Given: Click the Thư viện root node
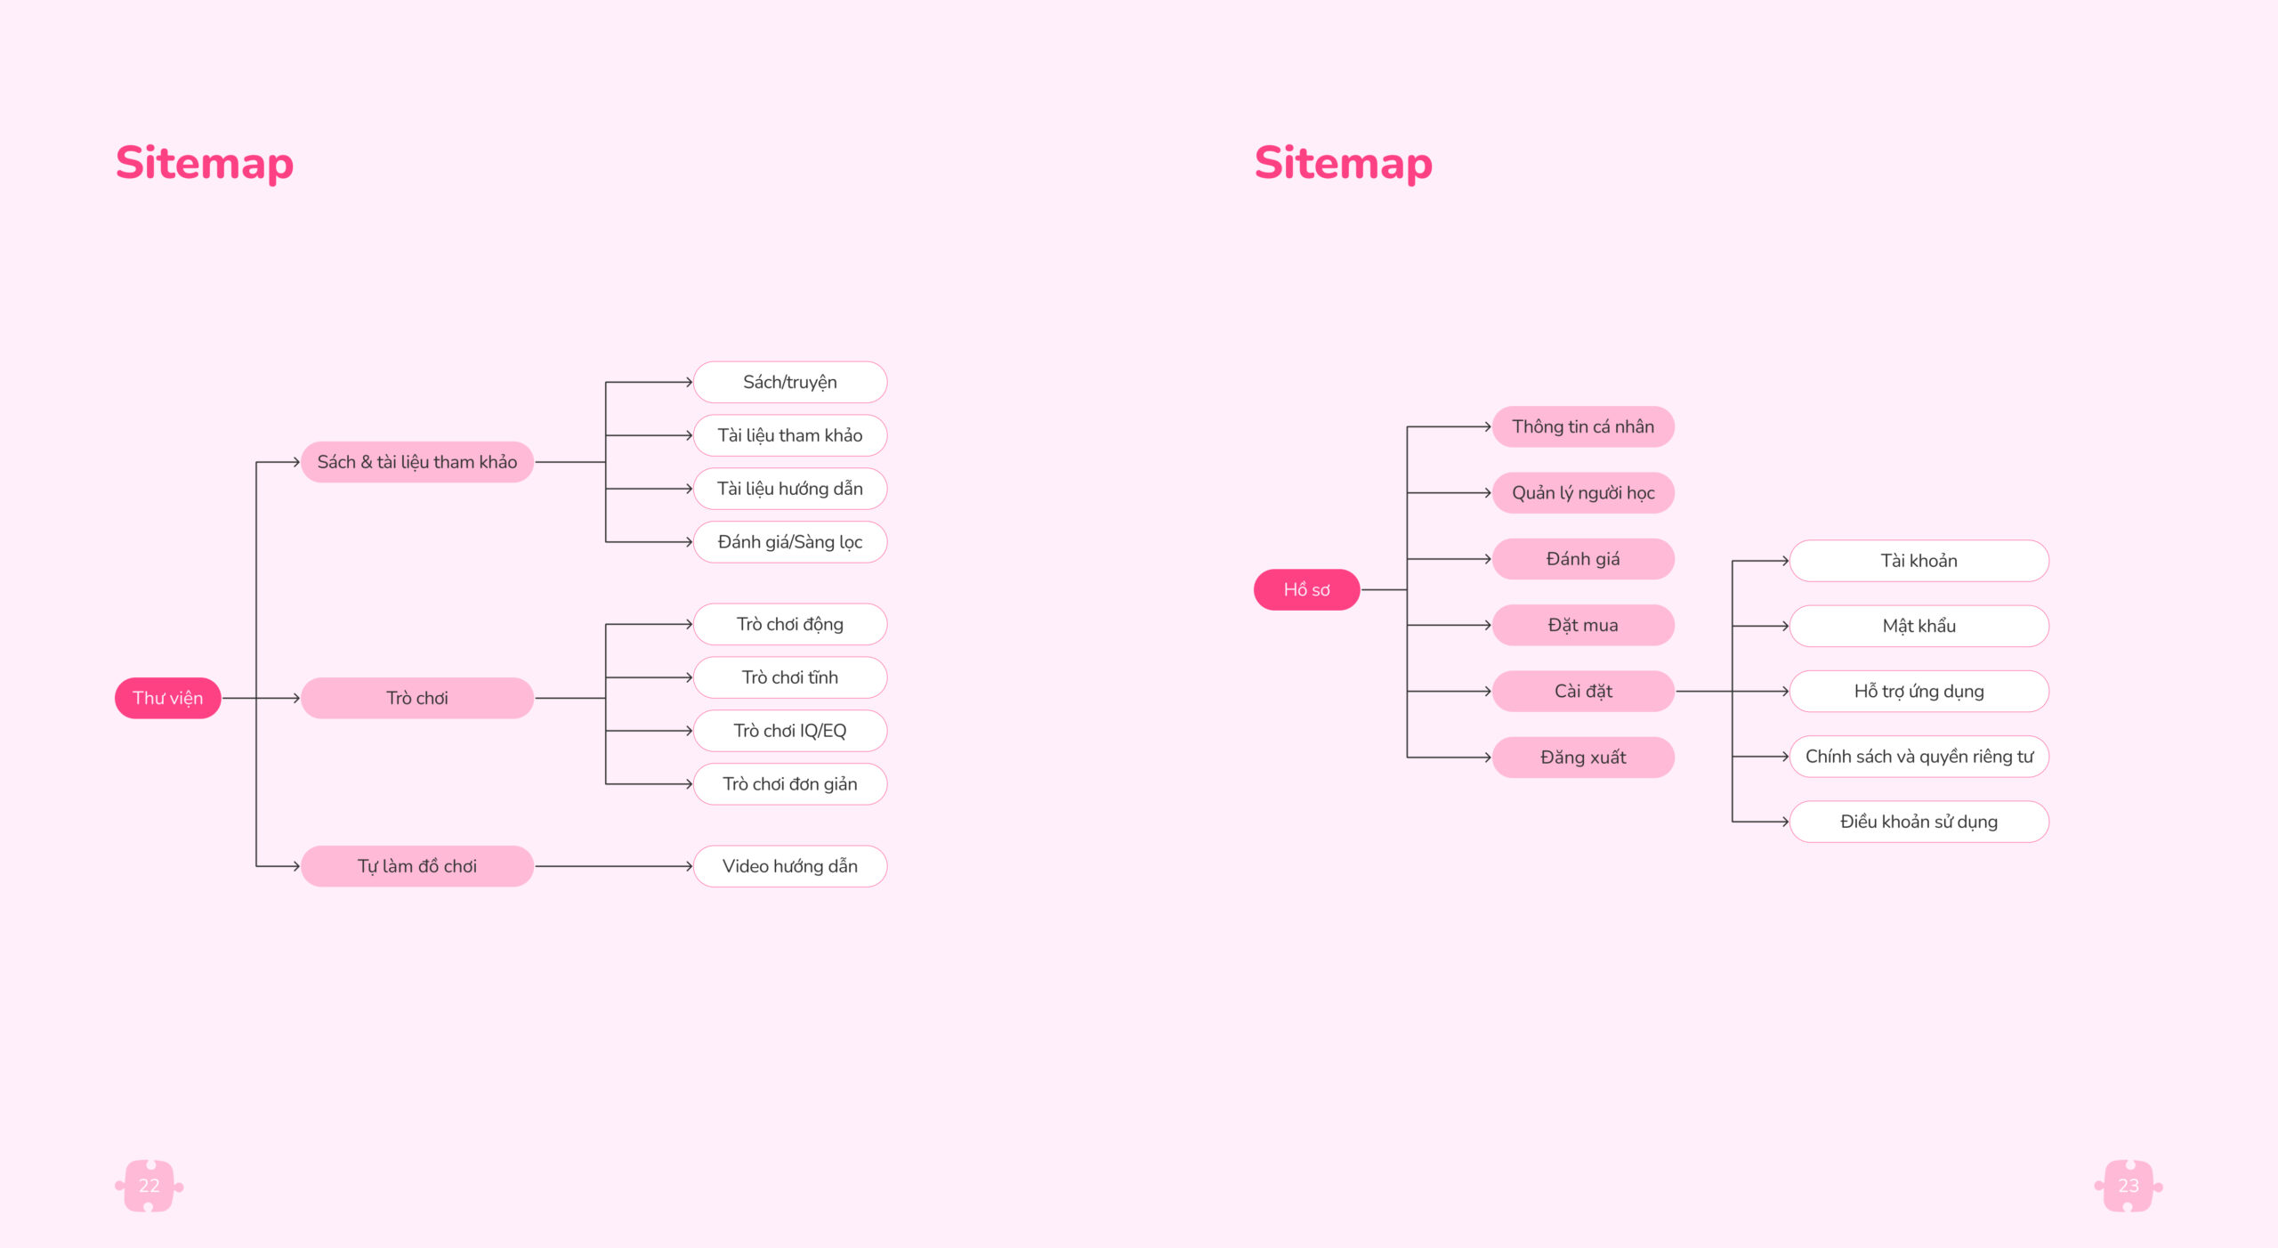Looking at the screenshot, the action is pyautogui.click(x=167, y=698).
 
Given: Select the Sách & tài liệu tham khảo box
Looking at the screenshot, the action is pyautogui.click(x=417, y=462).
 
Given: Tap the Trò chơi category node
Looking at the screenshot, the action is pyautogui.click(x=417, y=698).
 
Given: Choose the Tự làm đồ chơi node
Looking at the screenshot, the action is pyautogui.click(x=417, y=866).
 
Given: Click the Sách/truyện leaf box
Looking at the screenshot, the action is pyautogui.click(x=790, y=382).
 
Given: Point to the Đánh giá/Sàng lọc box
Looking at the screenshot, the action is pyautogui.click(x=790, y=542).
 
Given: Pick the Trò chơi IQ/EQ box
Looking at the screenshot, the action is pyautogui.click(x=790, y=731).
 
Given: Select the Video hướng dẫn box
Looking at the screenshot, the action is pyautogui.click(x=790, y=866).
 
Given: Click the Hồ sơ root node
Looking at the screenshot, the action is pyautogui.click(x=1306, y=589).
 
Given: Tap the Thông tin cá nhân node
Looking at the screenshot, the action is pyautogui.click(x=1583, y=426).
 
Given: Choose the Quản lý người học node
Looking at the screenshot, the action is pyautogui.click(x=1583, y=493).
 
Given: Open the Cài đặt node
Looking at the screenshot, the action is pyautogui.click(x=1583, y=691).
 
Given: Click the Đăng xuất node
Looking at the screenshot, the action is pyautogui.click(x=1583, y=758).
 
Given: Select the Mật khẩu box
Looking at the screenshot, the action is pyautogui.click(x=1919, y=626).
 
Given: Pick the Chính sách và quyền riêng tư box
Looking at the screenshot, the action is pyautogui.click(x=1919, y=757).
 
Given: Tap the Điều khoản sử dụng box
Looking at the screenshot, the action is pyautogui.click(x=1919, y=822).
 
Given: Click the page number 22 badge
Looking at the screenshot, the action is pyautogui.click(x=149, y=1186).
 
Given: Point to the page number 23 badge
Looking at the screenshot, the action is pyautogui.click(x=2129, y=1186).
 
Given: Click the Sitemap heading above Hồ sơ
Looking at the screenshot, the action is pyautogui.click(x=1344, y=164).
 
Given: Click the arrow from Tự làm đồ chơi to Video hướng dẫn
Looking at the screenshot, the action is pyautogui.click(x=614, y=866).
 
